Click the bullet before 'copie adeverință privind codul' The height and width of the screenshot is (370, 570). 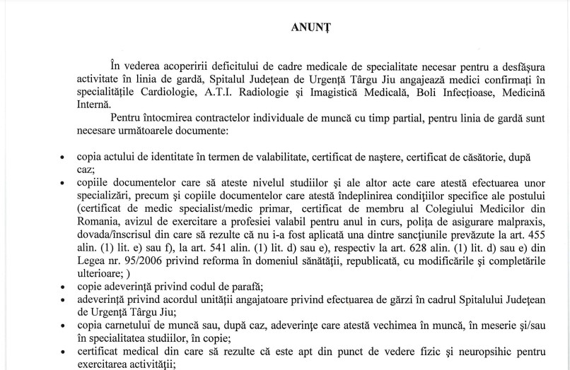(x=64, y=288)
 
